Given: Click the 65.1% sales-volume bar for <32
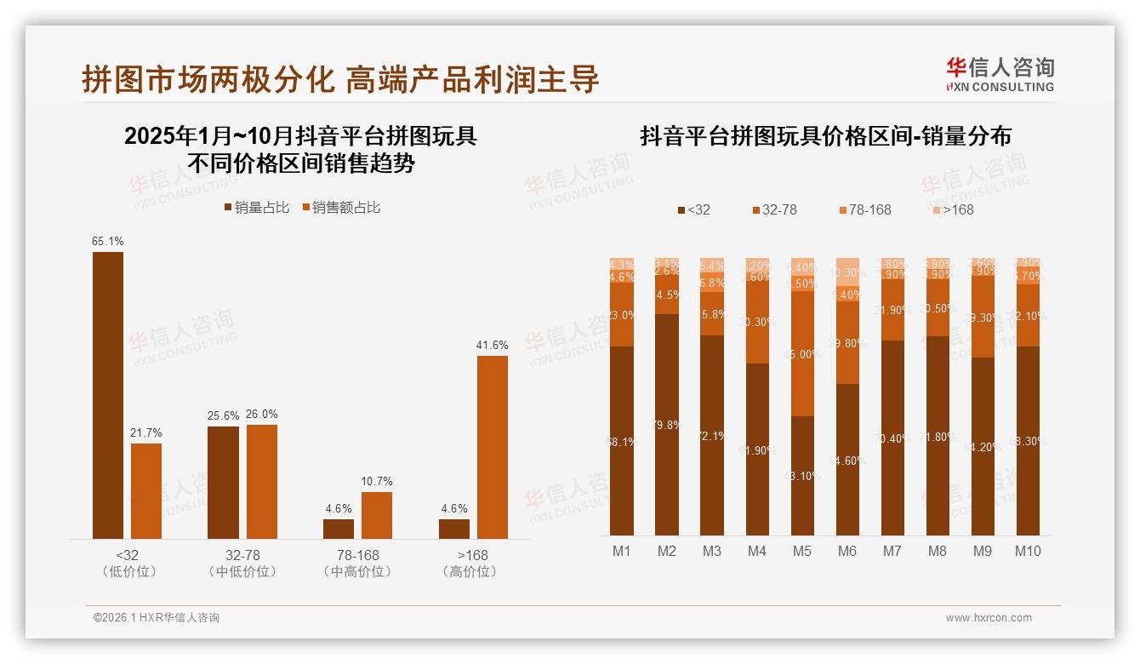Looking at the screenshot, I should click(108, 395).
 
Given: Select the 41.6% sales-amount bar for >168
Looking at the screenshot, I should click(492, 447).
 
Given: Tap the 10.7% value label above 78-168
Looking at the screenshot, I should click(376, 482).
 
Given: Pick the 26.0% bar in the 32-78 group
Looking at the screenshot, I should click(261, 481).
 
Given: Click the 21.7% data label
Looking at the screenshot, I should click(145, 433).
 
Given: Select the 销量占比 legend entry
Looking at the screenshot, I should click(257, 208).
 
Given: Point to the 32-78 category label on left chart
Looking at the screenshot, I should click(242, 555).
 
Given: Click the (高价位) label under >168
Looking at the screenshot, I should click(469, 572).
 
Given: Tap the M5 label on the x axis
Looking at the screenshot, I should click(801, 551).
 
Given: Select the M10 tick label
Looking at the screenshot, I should click(1027, 551).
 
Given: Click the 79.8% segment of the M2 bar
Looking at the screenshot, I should click(666, 424).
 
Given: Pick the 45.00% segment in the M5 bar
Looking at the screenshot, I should click(801, 354).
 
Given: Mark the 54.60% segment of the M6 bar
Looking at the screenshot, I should click(846, 460).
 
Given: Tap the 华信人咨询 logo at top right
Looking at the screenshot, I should click(1000, 74).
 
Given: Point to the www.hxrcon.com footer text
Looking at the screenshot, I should click(988, 618).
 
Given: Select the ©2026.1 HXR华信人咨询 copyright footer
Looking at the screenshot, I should click(156, 618).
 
